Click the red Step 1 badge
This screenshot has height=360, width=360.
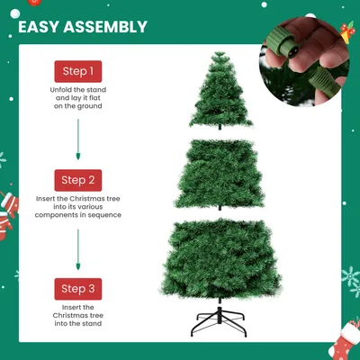[x=78, y=71]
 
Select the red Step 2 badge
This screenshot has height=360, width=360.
[x=78, y=180]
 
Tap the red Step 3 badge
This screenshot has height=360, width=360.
[x=78, y=289]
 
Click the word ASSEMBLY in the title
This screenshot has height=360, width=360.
[x=105, y=27]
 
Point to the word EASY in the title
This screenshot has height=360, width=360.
[x=39, y=27]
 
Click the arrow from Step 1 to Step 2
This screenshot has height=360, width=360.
[x=78, y=139]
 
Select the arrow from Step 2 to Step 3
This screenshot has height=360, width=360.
[x=78, y=249]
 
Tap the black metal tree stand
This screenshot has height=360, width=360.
[x=219, y=322]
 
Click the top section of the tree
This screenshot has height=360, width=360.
[x=220, y=91]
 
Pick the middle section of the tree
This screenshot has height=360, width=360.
[x=220, y=175]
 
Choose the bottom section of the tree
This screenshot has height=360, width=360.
[x=220, y=260]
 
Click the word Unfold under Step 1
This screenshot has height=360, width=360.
[x=60, y=90]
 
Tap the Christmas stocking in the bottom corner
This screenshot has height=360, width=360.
[x=345, y=340]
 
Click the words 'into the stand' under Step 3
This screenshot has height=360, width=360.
[x=78, y=323]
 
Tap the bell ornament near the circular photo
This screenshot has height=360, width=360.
[x=347, y=32]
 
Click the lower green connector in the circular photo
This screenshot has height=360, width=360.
[x=324, y=81]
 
